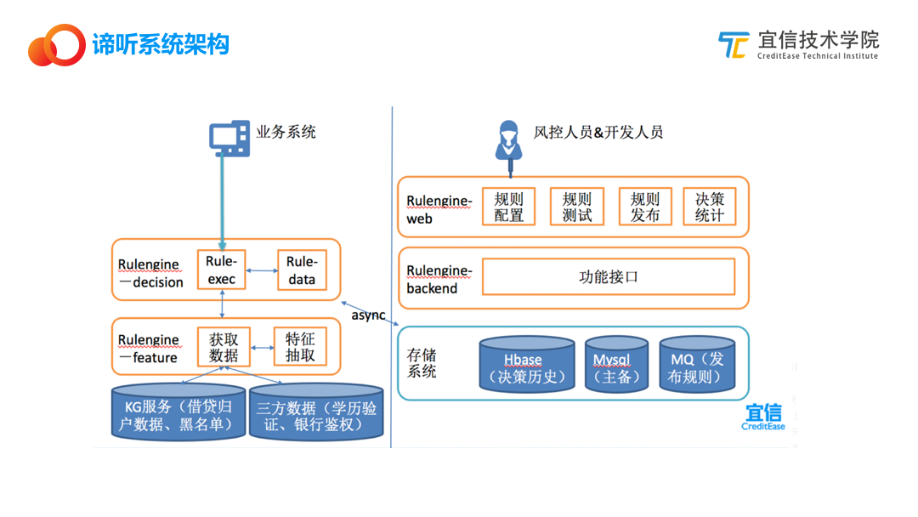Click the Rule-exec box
(x=221, y=270)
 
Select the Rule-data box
(x=302, y=270)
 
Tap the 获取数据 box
(x=224, y=347)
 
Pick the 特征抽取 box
(x=300, y=347)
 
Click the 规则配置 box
(x=509, y=207)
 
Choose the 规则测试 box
(x=576, y=207)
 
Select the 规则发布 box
(x=645, y=207)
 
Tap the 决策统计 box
(x=710, y=207)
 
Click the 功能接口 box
(x=609, y=277)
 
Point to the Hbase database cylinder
(x=527, y=364)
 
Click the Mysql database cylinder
(x=616, y=364)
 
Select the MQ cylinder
(x=697, y=364)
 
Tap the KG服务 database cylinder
(x=178, y=412)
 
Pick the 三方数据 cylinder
(x=316, y=412)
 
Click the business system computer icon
(x=229, y=139)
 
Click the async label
(x=368, y=315)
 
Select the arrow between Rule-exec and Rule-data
(x=262, y=270)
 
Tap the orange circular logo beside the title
(x=57, y=45)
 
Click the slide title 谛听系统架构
(x=161, y=44)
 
